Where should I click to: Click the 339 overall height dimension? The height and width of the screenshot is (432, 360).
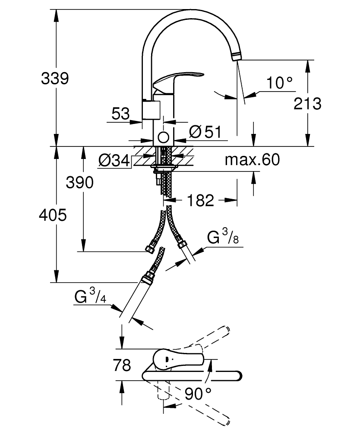coord(55,78)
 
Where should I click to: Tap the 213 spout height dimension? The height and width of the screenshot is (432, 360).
coord(307,104)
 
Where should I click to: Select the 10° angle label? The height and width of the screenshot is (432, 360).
coord(279,83)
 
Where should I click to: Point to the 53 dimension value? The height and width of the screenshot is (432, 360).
coord(120,114)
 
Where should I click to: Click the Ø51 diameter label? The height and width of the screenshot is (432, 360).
coord(205,132)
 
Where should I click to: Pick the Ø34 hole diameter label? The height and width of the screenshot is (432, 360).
coord(114,160)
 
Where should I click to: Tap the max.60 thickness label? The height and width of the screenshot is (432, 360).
coord(252,159)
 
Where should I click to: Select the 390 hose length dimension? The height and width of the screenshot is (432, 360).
coord(79,182)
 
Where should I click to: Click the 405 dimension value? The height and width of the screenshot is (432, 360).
coord(53,215)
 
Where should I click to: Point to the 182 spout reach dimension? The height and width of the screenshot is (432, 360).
coord(200,200)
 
